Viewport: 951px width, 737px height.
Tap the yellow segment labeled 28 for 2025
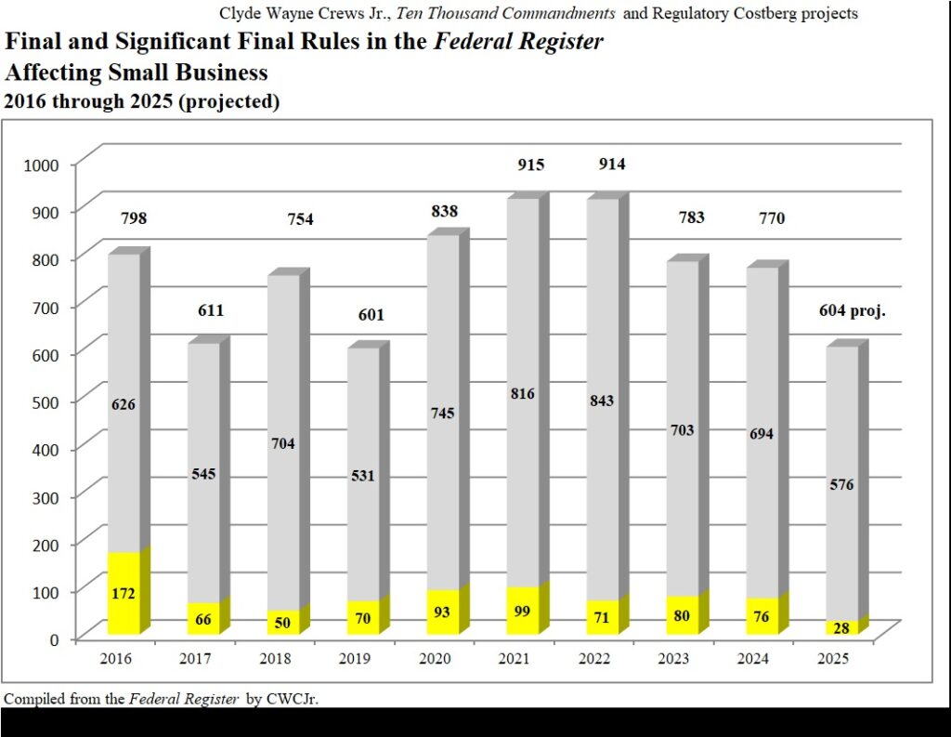840,628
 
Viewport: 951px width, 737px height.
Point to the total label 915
530,165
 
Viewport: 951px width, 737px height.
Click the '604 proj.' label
852,311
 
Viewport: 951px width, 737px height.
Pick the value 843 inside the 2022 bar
601,401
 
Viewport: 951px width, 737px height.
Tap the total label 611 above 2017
211,310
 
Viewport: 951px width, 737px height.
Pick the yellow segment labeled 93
443,612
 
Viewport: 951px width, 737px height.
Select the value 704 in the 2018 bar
283,443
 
